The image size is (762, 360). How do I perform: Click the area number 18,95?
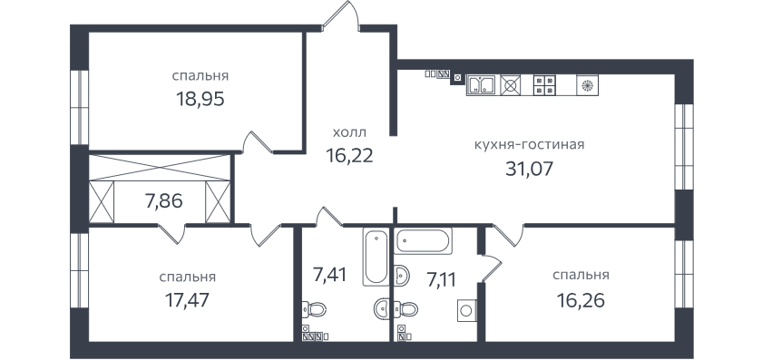click(200, 99)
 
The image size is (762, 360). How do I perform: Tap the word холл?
click(349, 132)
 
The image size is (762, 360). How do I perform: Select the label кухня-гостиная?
click(529, 145)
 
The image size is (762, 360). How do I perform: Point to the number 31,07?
click(529, 169)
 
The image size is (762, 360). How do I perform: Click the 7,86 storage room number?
click(164, 200)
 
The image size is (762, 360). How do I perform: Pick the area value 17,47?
click(187, 300)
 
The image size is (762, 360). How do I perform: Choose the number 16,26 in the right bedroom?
click(581, 300)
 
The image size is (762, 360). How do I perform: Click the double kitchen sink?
click(481, 85)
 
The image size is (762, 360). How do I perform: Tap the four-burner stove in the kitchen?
click(545, 85)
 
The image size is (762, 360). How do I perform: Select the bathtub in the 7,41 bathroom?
click(376, 257)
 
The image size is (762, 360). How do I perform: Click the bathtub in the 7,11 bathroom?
click(424, 240)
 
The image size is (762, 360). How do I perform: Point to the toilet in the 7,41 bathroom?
click(314, 309)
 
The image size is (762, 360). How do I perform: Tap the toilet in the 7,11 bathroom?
click(406, 309)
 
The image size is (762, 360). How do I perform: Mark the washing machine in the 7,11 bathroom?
click(466, 310)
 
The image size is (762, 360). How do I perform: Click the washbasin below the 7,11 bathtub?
click(402, 276)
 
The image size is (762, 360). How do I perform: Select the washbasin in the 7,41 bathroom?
click(383, 308)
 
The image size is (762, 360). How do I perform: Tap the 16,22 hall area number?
click(349, 155)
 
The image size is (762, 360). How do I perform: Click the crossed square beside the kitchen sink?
click(510, 85)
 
